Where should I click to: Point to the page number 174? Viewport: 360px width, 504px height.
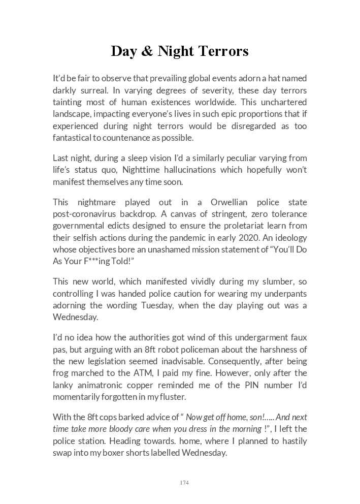[x=184, y=483]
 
